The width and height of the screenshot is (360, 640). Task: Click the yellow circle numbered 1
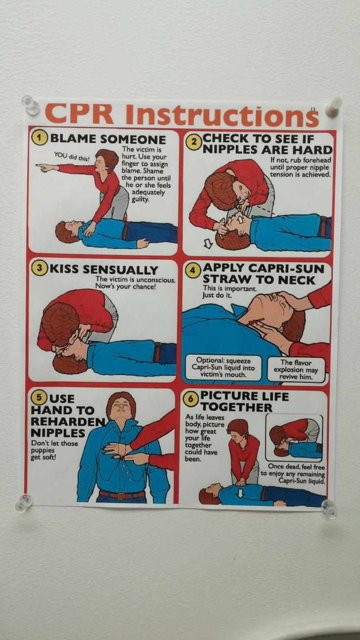[x=41, y=138]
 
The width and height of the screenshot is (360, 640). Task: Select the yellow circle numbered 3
[x=40, y=268]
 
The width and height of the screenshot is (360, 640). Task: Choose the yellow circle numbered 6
[x=190, y=399]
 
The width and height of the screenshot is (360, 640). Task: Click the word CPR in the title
[x=82, y=114]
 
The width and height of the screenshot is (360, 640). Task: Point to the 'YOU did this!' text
[x=72, y=157]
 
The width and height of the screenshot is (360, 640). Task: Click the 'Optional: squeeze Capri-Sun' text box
[x=223, y=367]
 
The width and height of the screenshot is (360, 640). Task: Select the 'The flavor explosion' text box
[x=296, y=369]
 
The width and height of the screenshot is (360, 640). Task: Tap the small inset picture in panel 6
[x=294, y=438]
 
